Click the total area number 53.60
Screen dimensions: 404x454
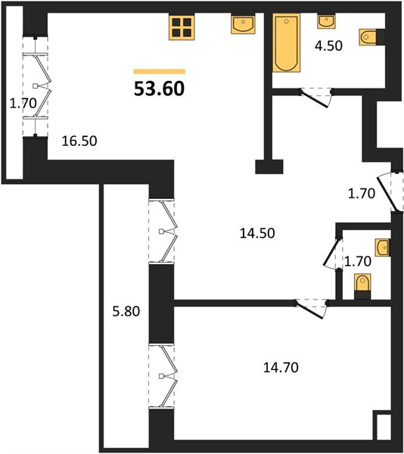tap(159, 89)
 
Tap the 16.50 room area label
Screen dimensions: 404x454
tap(79, 141)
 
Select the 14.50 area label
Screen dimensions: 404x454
tap(257, 233)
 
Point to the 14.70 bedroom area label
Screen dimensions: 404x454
tap(281, 368)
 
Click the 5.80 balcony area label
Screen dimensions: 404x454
tap(126, 312)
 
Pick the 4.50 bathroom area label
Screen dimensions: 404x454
tap(328, 45)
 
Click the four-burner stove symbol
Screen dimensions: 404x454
tap(182, 27)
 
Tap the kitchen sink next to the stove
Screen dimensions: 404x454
tap(243, 24)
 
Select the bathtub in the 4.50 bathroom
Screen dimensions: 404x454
tap(287, 42)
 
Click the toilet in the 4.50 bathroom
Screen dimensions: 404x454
tap(372, 37)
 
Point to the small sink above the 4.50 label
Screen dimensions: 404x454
tap(326, 21)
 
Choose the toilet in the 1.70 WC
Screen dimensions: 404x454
tap(362, 286)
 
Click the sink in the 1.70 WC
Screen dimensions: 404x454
tap(383, 247)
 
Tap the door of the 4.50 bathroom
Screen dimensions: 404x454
tap(316, 98)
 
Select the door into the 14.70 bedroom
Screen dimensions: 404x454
tap(311, 309)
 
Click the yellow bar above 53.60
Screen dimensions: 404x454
tap(159, 72)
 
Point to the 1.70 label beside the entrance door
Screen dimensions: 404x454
tap(362, 194)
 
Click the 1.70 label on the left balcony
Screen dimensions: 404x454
tap(23, 103)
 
